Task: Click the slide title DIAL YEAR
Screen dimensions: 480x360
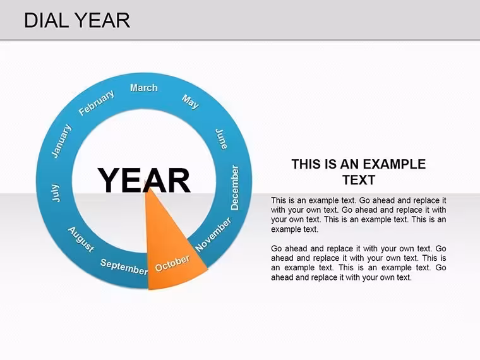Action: (x=77, y=20)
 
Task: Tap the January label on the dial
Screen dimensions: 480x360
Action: (x=61, y=141)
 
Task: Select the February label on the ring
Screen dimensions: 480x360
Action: (x=97, y=102)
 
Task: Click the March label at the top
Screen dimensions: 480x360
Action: (x=144, y=88)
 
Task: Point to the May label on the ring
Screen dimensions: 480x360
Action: (x=190, y=102)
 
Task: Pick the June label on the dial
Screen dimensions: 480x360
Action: (x=221, y=139)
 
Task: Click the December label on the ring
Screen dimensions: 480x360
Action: (x=234, y=188)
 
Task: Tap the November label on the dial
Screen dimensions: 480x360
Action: (x=213, y=234)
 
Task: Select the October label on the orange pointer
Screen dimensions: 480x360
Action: (x=172, y=263)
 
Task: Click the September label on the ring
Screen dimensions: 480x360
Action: (x=124, y=267)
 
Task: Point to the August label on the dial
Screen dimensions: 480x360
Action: (x=81, y=240)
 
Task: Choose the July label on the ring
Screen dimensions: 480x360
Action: (x=56, y=193)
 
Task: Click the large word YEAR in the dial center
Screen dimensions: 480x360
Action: (x=144, y=181)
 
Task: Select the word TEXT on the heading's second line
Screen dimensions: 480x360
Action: (x=359, y=180)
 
